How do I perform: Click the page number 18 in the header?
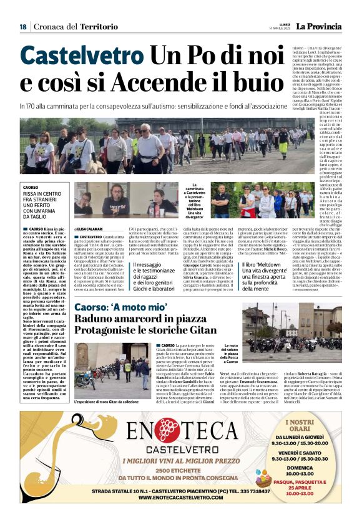(x=23, y=27)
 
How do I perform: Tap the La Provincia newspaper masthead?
(x=318, y=26)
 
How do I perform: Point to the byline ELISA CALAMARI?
(x=91, y=229)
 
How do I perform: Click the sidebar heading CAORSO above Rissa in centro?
(x=30, y=187)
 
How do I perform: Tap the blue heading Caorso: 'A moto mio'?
(x=121, y=308)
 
